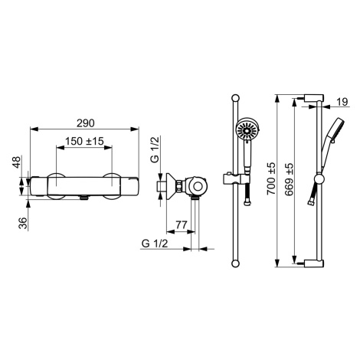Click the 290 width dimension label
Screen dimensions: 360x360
click(x=86, y=123)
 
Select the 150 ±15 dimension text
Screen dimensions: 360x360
click(x=84, y=141)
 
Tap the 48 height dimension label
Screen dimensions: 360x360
click(x=17, y=162)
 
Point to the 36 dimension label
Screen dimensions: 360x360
click(x=24, y=223)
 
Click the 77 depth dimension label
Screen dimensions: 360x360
click(x=182, y=225)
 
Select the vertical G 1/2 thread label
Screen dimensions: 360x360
click(x=155, y=149)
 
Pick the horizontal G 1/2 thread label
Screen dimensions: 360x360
click(x=155, y=244)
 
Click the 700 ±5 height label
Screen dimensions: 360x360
click(x=271, y=178)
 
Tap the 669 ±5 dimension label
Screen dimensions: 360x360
click(x=289, y=179)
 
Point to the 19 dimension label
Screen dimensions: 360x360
click(x=342, y=102)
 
